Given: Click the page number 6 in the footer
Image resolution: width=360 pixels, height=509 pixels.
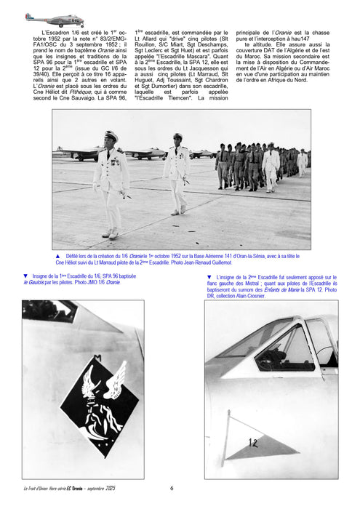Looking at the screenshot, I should [172, 488].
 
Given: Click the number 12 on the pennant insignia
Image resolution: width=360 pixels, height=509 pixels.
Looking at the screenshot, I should [253, 442].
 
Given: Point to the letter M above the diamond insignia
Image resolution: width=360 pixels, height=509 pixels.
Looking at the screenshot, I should [96, 358].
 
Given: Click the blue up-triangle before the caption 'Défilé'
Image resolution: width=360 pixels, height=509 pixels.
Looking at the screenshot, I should [57, 256].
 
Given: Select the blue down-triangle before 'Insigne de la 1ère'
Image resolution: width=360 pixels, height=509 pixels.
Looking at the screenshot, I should [25, 276].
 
